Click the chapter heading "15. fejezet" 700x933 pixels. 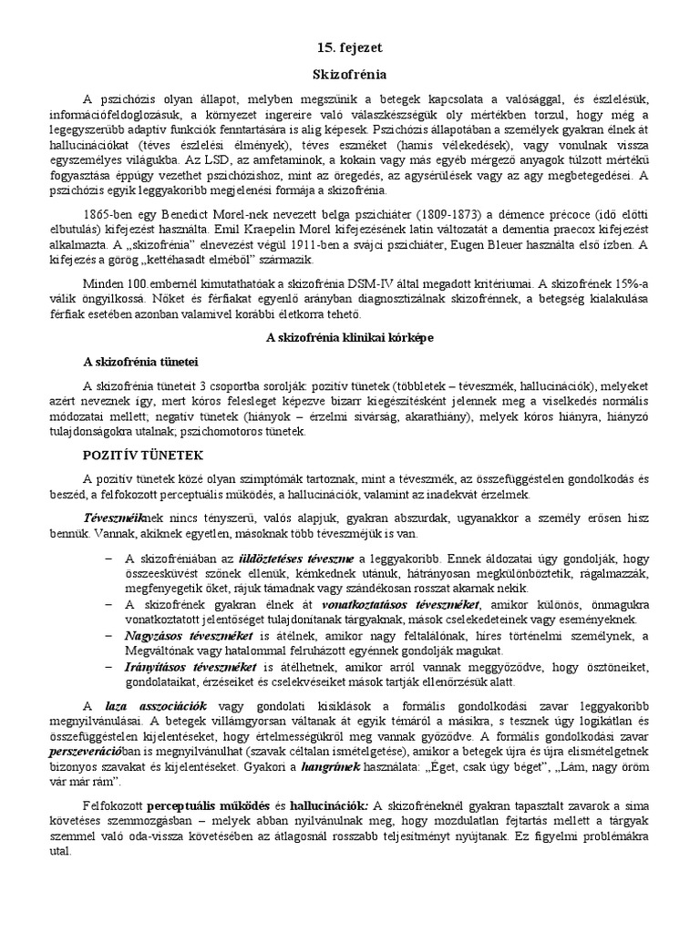(351, 47)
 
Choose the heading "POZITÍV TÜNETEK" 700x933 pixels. (144, 453)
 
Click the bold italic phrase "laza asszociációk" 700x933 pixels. (156, 707)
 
